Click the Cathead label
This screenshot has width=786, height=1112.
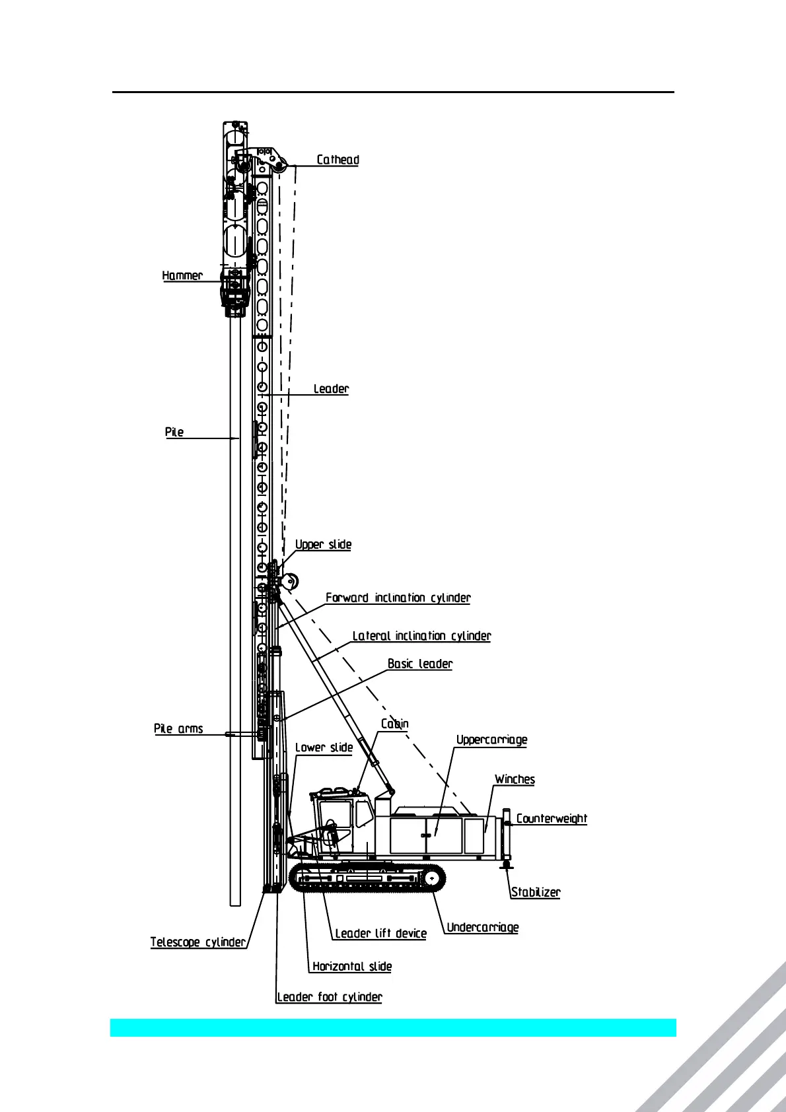[338, 160]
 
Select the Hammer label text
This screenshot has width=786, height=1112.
[182, 275]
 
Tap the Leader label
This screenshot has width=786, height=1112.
[331, 389]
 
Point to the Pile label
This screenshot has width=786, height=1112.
[174, 432]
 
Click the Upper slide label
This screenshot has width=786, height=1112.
[323, 544]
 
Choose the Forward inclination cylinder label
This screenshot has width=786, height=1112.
[398, 598]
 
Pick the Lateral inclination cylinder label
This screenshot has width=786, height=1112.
[421, 636]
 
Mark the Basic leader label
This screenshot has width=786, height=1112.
[420, 664]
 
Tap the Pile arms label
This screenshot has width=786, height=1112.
[178, 728]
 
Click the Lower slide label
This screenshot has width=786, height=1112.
[324, 747]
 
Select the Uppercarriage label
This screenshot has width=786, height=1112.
[491, 740]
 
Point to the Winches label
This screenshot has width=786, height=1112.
[515, 779]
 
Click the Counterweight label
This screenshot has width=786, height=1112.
[552, 819]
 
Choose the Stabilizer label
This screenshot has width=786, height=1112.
[536, 892]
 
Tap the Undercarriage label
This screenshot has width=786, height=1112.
[483, 927]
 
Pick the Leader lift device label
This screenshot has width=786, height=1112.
[380, 933]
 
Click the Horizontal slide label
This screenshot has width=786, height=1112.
[352, 966]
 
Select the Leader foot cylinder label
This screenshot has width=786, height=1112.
[330, 996]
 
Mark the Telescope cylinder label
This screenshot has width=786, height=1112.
[197, 942]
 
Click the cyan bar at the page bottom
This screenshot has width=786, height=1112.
[393, 1027]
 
